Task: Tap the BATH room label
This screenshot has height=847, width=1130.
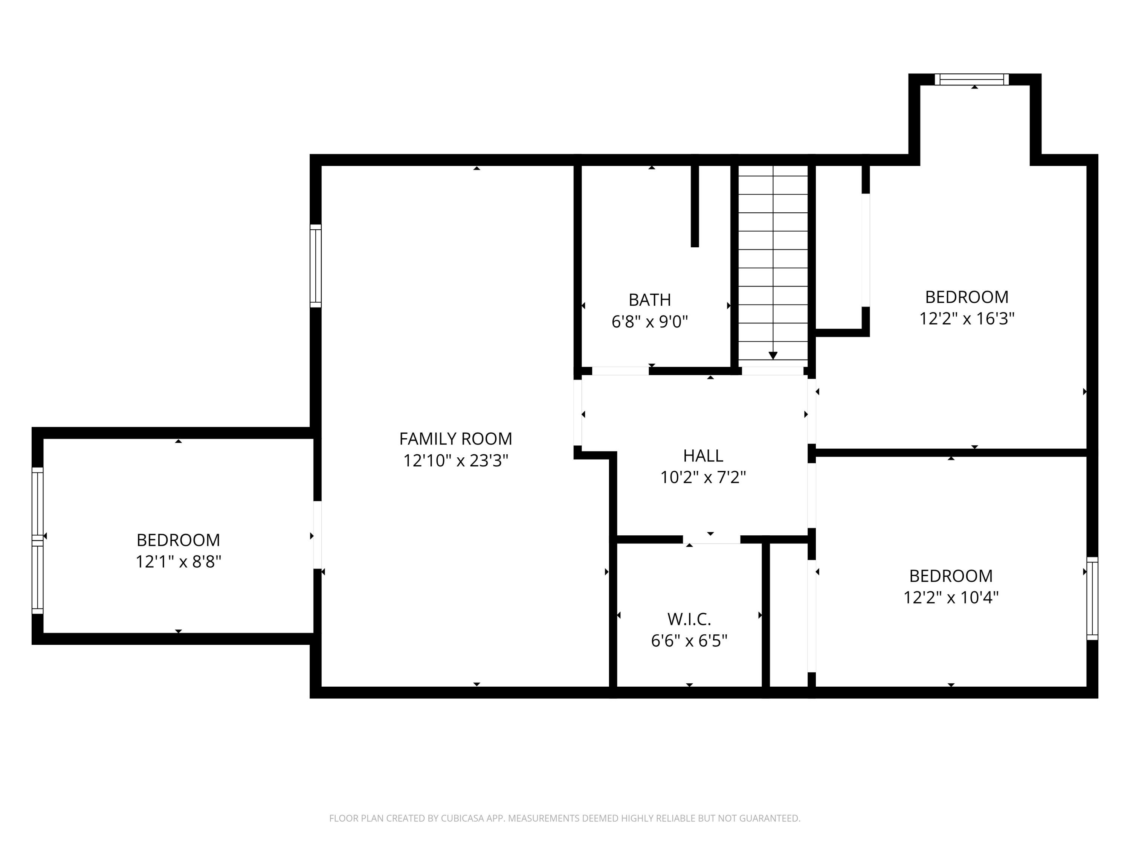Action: tap(649, 300)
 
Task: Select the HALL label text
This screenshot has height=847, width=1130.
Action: tap(702, 455)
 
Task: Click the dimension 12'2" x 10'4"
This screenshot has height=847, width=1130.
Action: tap(950, 598)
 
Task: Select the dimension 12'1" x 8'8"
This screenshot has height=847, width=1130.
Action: tap(178, 562)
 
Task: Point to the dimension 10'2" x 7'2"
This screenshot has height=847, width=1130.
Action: tap(702, 478)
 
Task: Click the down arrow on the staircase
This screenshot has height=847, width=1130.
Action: tap(773, 355)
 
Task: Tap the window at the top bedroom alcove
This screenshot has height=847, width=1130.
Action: tap(972, 80)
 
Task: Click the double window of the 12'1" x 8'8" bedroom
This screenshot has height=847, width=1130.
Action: tap(37, 540)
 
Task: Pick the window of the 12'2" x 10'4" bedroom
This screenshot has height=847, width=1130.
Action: tap(1091, 599)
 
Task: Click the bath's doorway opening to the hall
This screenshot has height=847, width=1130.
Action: tap(620, 371)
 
